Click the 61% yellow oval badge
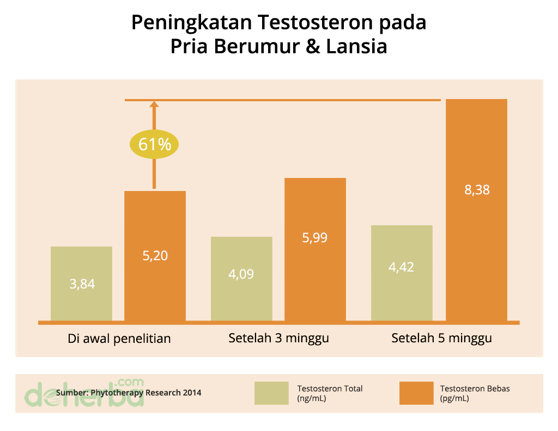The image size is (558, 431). click(154, 145)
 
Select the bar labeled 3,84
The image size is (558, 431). click(81, 283)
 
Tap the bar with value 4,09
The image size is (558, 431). click(241, 278)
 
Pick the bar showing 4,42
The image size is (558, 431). click(402, 272)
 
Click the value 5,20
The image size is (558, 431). click(155, 255)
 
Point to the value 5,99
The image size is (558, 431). click(315, 238)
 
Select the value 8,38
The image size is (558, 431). click(477, 190)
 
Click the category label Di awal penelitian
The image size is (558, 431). click(119, 338)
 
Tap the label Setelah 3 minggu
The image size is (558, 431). click(278, 338)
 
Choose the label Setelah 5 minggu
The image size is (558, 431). click(441, 338)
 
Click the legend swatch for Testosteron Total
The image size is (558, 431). click(271, 393)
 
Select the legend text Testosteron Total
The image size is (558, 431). click(330, 389)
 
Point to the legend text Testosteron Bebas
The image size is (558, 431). click(475, 389)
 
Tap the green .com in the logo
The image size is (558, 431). click(130, 381)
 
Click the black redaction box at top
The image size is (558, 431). click(281, 34)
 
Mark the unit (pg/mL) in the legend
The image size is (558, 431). click(454, 398)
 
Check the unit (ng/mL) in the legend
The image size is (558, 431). click(311, 398)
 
